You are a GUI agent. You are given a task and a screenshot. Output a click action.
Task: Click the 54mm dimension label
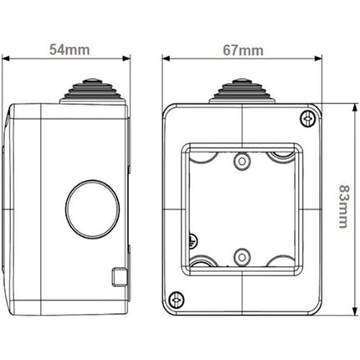click(69, 51)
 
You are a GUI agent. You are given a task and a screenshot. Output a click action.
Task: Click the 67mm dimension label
click(242, 51)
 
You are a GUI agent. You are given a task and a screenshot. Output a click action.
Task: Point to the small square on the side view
click(117, 275)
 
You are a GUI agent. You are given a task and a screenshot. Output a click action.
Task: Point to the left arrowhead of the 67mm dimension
click(165, 58)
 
